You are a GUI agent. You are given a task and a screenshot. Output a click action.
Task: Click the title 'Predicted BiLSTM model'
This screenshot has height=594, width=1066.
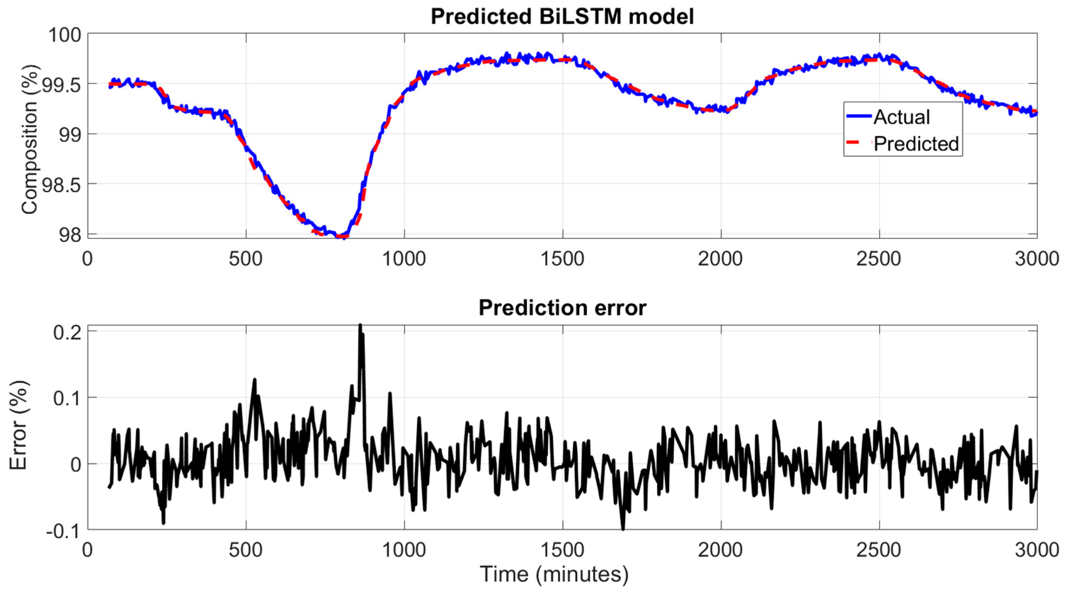pyautogui.click(x=562, y=17)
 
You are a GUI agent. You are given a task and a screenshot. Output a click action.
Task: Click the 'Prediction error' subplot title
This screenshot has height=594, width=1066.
pyautogui.click(x=562, y=308)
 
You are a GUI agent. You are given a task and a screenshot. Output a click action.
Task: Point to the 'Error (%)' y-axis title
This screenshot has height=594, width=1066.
pyautogui.click(x=19, y=426)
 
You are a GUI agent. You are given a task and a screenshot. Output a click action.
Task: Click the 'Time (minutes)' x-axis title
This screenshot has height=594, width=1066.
pyautogui.click(x=554, y=575)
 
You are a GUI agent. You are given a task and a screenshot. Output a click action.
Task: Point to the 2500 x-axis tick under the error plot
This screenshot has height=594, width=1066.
pyautogui.click(x=878, y=551)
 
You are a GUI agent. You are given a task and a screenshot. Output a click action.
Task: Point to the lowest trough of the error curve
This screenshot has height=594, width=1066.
pyautogui.click(x=623, y=529)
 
